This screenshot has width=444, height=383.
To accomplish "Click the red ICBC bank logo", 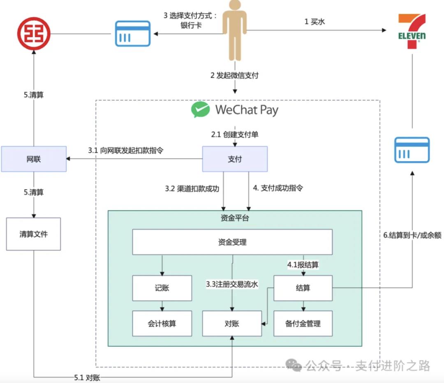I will (33, 33).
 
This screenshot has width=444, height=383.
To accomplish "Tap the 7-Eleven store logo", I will (412, 31).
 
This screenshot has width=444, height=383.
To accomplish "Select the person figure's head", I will (235, 5).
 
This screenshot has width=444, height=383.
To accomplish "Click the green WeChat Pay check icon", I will (201, 110).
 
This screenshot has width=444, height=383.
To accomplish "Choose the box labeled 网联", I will (33, 159).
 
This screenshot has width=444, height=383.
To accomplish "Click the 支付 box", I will (235, 159).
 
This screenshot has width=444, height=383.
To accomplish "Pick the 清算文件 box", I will (33, 234).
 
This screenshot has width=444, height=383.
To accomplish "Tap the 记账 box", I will (162, 288).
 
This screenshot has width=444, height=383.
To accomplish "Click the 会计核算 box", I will (162, 323).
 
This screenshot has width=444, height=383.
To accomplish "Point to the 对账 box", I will (232, 323).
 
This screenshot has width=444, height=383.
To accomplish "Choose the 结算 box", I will (303, 288).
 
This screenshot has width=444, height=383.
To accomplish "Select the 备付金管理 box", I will (303, 323).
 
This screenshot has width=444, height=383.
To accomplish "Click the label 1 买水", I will (314, 22).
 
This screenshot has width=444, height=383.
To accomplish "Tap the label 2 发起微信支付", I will (234, 75).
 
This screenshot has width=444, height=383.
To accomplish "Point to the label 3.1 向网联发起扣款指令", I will (126, 151).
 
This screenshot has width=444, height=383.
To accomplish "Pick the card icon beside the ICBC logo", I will (132, 33).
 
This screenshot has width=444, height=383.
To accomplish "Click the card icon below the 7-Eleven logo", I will (412, 150).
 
